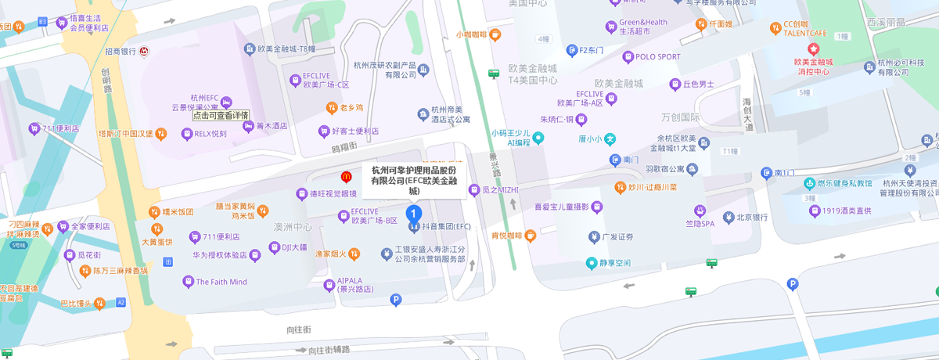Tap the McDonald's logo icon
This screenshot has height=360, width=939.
[x=345, y=178]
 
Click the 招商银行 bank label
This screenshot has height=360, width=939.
[x=121, y=52]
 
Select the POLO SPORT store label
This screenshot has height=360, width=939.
[x=657, y=56]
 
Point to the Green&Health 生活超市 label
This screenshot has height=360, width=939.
[x=644, y=27]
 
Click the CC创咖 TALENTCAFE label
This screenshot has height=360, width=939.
[x=805, y=29]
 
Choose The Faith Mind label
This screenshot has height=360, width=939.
[x=221, y=282]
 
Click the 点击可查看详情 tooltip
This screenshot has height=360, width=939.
[x=221, y=115]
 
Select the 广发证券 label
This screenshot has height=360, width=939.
[x=617, y=236]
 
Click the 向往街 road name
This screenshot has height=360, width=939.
[x=300, y=329]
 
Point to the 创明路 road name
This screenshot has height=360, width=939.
[x=106, y=78]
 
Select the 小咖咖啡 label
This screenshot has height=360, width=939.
[x=473, y=34]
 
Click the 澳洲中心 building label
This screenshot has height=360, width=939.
[x=293, y=227]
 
